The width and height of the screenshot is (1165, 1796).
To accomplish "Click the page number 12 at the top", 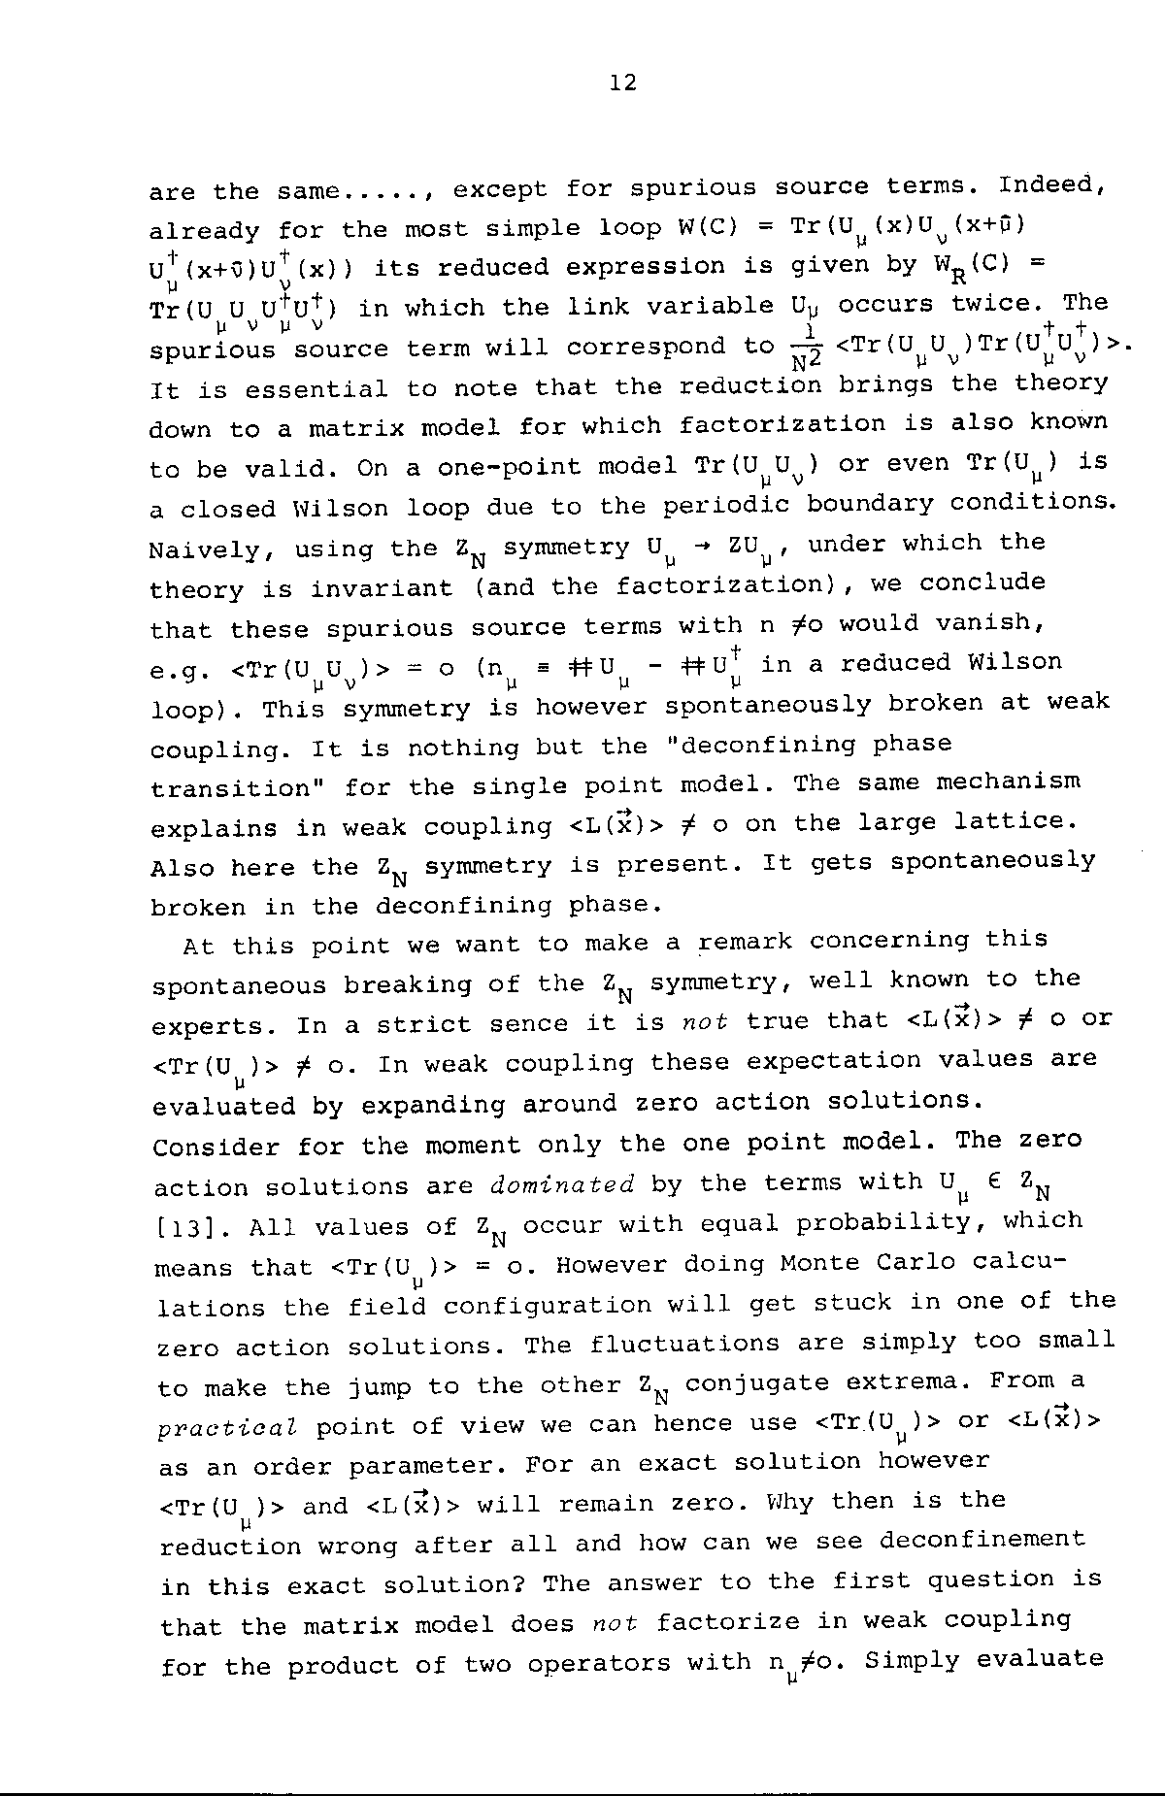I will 623,83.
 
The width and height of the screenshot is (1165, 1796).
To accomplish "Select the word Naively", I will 205,550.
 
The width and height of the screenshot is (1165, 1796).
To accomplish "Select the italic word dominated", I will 562,1185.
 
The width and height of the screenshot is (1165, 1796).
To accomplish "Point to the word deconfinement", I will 982,1540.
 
